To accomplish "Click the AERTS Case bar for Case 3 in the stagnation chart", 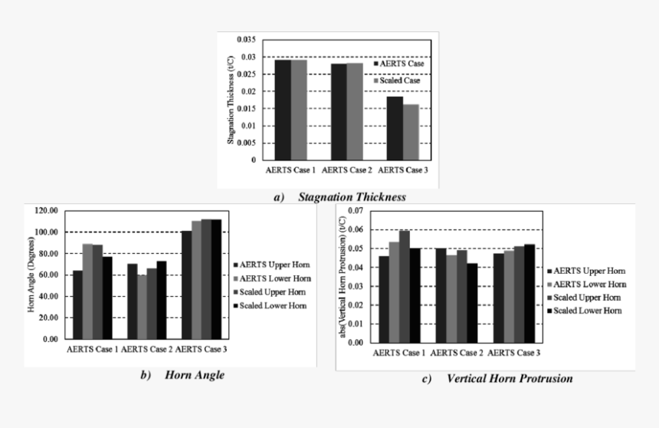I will [395, 128].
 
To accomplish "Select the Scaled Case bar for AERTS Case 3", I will [411, 132].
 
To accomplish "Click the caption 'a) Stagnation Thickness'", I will [339, 197].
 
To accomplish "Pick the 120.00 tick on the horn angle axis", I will [48, 210].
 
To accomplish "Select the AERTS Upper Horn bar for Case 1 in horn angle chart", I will [77, 304].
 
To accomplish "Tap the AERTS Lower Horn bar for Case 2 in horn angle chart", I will [142, 307].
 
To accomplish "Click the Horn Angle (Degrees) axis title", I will [30, 274].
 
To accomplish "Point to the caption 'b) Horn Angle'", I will [182, 374].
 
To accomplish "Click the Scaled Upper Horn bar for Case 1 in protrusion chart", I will [404, 286].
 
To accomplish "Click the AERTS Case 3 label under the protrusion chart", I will [513, 353].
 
